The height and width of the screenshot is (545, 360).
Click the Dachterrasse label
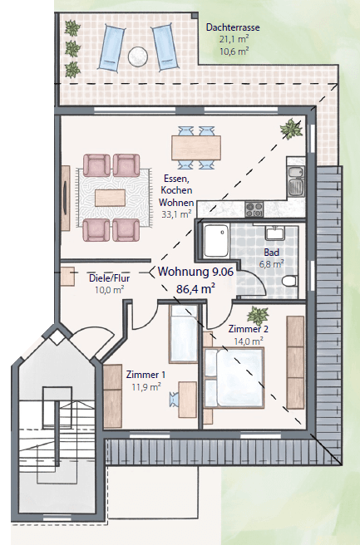(x=233, y=27)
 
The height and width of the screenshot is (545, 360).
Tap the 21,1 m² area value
(x=233, y=39)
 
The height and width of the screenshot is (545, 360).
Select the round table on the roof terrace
(x=137, y=56)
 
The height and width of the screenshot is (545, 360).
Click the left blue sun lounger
(x=111, y=47)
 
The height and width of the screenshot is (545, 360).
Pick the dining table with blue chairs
(x=196, y=148)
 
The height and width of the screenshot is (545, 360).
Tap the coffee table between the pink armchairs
(x=111, y=198)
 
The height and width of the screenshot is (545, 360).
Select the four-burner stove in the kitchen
(x=254, y=206)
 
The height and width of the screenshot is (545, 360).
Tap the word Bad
(x=271, y=253)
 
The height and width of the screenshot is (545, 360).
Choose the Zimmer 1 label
(x=145, y=375)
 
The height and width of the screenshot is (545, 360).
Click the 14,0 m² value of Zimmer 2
(x=249, y=340)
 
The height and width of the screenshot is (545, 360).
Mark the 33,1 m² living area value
(x=179, y=214)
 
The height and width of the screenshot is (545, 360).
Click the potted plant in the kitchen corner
(x=292, y=128)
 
